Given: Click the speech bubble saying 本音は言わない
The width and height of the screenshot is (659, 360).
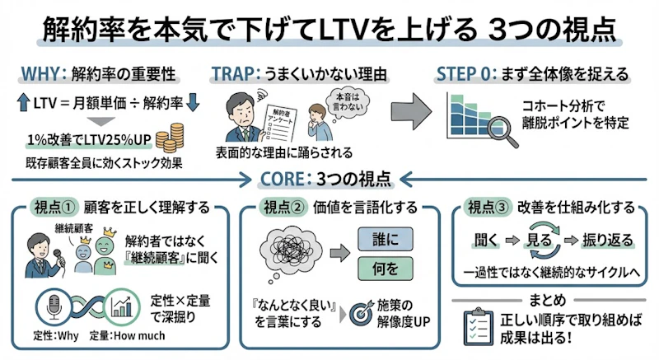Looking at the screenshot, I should click(x=344, y=100).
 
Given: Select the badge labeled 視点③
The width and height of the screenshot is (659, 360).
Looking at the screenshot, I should click(x=492, y=207).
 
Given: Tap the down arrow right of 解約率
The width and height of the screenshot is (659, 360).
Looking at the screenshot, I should click(x=194, y=105).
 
